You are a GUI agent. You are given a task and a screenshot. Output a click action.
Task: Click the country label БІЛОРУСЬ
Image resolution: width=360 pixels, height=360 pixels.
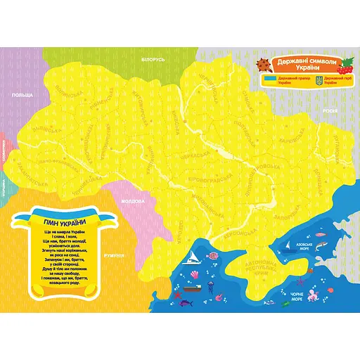[153, 60]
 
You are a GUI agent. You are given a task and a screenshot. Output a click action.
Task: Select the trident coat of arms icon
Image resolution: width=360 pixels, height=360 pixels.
[317, 81]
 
